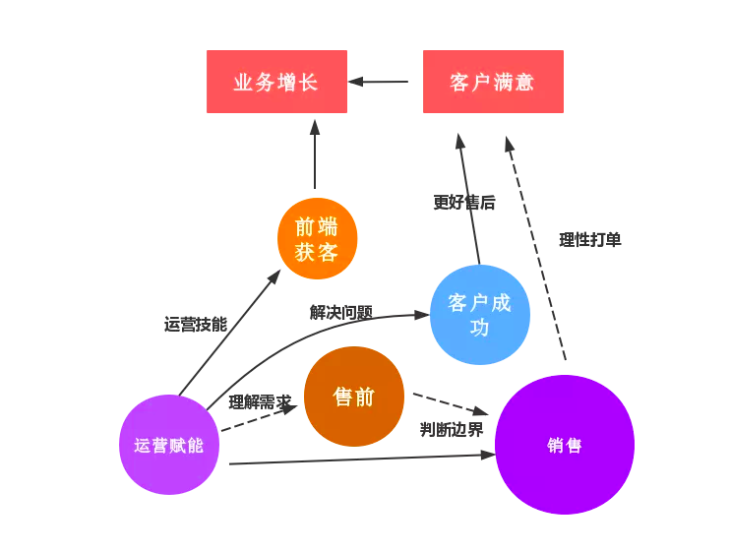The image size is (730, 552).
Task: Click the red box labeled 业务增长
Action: point(276,82)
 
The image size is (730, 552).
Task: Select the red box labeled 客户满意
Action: point(493,82)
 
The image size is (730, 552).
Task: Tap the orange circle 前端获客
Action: point(317,239)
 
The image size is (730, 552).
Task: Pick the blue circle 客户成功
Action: point(479,315)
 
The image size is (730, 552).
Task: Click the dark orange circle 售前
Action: point(354,397)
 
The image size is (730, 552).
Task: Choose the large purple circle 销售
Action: point(564,445)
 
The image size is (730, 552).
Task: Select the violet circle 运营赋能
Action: point(169,445)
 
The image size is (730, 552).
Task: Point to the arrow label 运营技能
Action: point(196,324)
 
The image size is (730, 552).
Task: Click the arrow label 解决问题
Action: point(341,312)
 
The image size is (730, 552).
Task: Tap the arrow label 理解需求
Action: point(260,401)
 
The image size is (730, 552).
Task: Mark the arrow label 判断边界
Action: point(452,429)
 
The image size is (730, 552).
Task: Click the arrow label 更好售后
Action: point(464,202)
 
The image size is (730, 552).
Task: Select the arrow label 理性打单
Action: point(590,239)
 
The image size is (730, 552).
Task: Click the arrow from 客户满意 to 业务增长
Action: point(379,82)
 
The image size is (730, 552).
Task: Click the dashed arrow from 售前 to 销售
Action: point(450,403)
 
